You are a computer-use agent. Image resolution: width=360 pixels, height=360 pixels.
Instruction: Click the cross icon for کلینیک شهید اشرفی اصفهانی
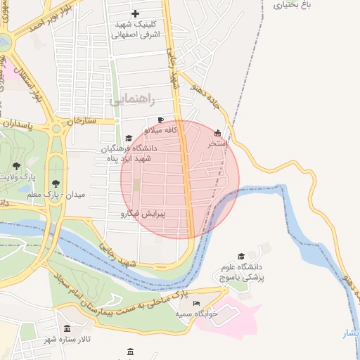coord(136,13)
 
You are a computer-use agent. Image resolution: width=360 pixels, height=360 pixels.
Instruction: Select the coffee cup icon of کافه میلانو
coord(161,120)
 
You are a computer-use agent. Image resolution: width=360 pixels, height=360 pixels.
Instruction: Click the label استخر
coord(217,143)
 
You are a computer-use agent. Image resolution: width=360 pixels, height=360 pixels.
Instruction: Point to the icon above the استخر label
coord(217,133)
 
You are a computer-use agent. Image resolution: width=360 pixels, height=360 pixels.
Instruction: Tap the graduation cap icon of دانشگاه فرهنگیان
coord(128,139)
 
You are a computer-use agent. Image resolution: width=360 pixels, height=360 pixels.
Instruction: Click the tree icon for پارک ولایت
coord(16,167)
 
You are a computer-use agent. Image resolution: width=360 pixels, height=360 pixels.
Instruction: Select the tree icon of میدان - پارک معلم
coord(56,184)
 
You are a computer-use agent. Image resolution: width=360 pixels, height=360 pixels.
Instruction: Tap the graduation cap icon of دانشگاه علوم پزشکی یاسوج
coord(241,257)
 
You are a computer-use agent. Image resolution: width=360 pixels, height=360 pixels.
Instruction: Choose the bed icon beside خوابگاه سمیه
coord(196,303)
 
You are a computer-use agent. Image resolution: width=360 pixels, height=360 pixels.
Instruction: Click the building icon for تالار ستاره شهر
coord(67,328)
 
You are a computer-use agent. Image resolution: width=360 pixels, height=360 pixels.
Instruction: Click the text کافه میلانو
coord(169,130)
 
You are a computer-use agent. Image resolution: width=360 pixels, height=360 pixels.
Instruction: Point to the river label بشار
coord(350,333)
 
